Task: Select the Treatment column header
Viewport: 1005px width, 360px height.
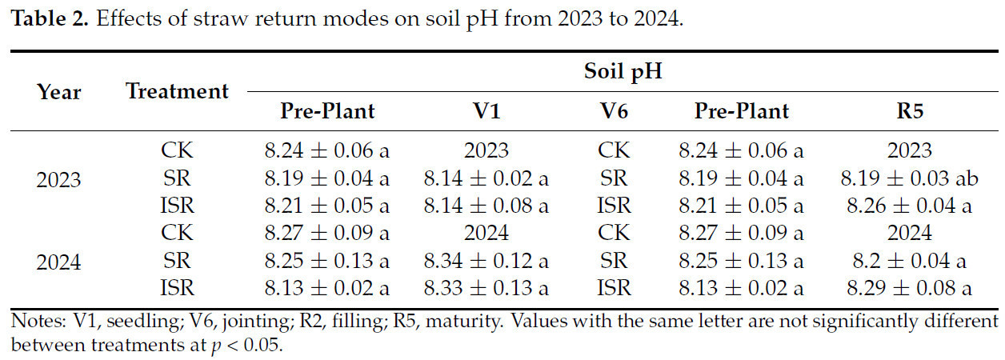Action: click(x=177, y=91)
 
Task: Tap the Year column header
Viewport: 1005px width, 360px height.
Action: click(x=59, y=92)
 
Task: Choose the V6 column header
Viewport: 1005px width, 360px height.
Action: click(x=614, y=110)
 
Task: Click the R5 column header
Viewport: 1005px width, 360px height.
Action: click(x=910, y=110)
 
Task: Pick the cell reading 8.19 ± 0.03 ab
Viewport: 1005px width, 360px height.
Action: click(x=910, y=178)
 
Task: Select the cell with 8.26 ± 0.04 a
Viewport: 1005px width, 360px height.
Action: click(x=910, y=206)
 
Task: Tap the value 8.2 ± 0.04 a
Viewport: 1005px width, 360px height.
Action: click(x=910, y=261)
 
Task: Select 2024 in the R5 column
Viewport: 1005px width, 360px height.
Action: click(x=910, y=233)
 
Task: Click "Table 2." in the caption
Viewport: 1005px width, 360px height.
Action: click(x=49, y=18)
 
